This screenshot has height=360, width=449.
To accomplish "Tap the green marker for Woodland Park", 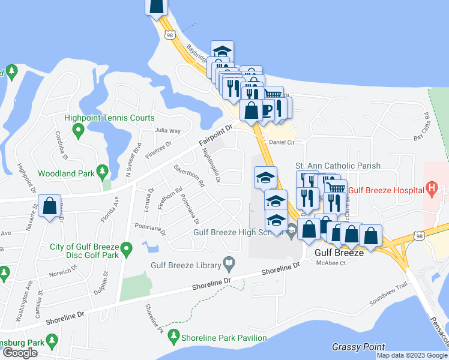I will click(103, 172).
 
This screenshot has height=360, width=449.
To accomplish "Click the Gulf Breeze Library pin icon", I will click(229, 262).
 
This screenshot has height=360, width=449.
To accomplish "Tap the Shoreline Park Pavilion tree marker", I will click(174, 335).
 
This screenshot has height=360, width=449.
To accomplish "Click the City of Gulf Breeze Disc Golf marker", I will click(126, 247).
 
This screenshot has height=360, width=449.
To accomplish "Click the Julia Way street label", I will click(167, 130).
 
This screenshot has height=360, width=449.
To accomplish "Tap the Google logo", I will click(20, 353).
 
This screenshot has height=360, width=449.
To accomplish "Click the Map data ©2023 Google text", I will click(412, 355).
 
